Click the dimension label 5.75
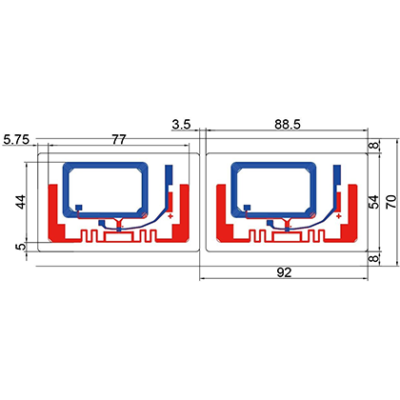16,140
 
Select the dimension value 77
119,140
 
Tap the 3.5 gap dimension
182,124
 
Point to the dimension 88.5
288,124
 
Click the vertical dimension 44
21,202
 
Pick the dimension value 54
375,202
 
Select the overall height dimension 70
391,202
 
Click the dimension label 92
284,272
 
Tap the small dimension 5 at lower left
21,247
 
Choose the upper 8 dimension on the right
375,146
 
